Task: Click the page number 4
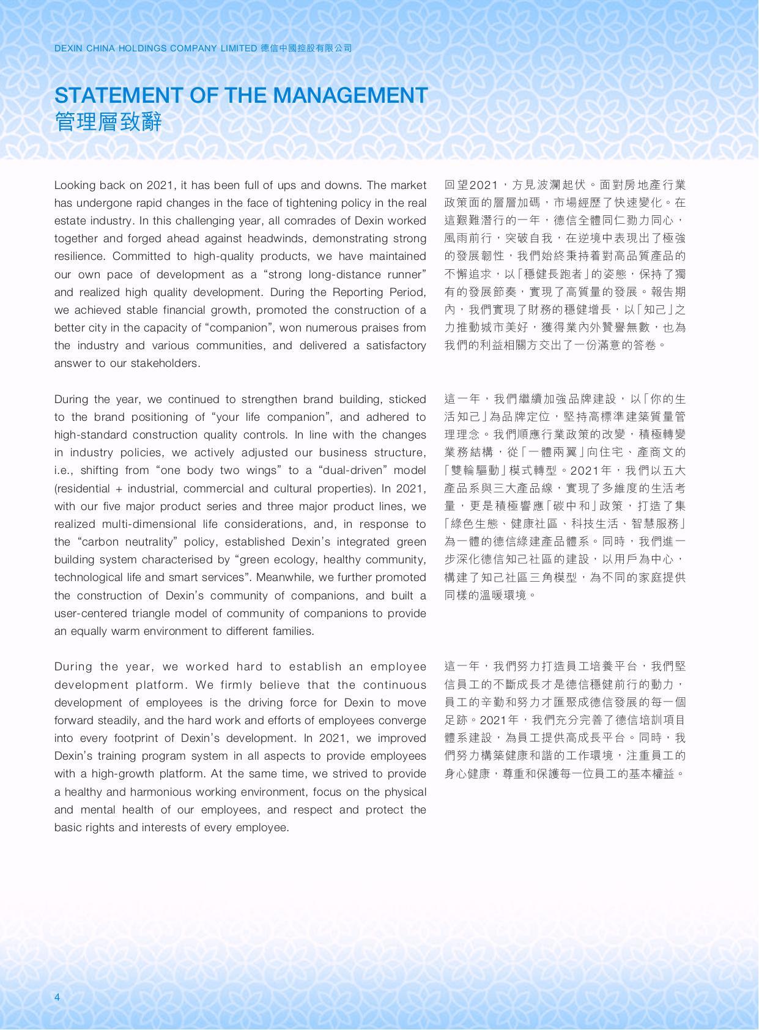coord(57,998)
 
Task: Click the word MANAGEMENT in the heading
coord(350,95)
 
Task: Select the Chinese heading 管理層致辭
coord(108,122)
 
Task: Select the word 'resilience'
coord(80,256)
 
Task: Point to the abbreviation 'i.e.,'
coord(65,470)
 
